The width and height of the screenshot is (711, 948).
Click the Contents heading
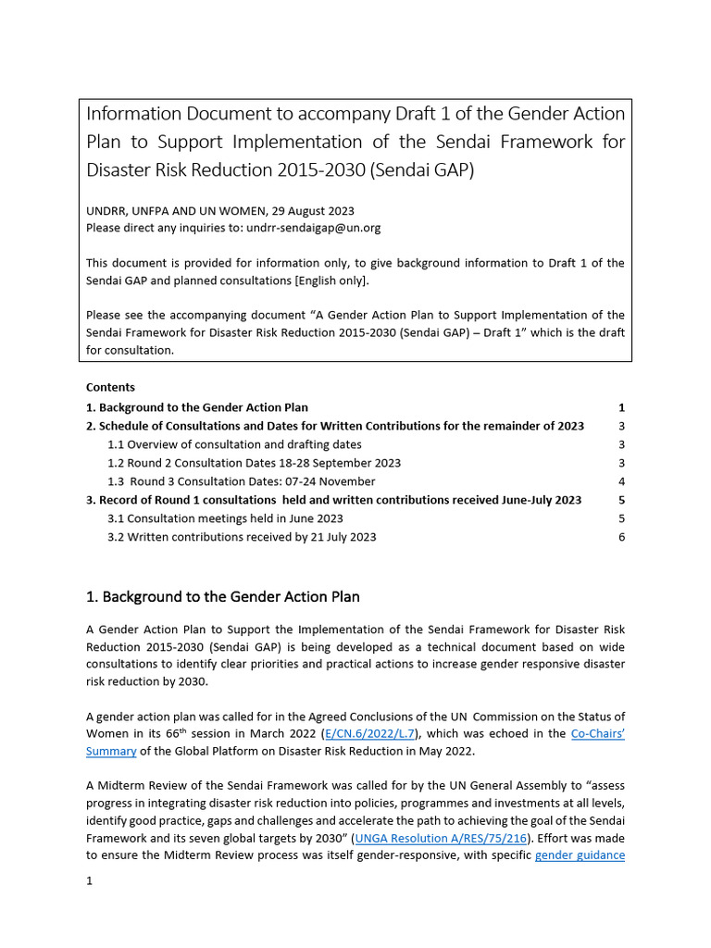(110, 387)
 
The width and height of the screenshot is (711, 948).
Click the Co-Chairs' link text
(597, 733)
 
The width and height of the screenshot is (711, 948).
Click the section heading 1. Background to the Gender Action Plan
(222, 597)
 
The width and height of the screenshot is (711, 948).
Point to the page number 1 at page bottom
(90, 881)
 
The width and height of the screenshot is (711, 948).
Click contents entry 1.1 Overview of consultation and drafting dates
(234, 444)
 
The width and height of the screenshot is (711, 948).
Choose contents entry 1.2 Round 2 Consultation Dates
(254, 463)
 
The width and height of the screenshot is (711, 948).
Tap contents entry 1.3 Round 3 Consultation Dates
(242, 481)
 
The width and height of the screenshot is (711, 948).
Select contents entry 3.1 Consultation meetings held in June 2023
(225, 518)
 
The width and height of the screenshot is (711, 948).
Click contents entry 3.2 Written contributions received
(242, 537)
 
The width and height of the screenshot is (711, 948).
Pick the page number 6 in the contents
(621, 537)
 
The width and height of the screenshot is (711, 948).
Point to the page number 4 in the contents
(621, 481)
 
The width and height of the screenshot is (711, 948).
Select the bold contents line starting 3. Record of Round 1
(333, 500)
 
